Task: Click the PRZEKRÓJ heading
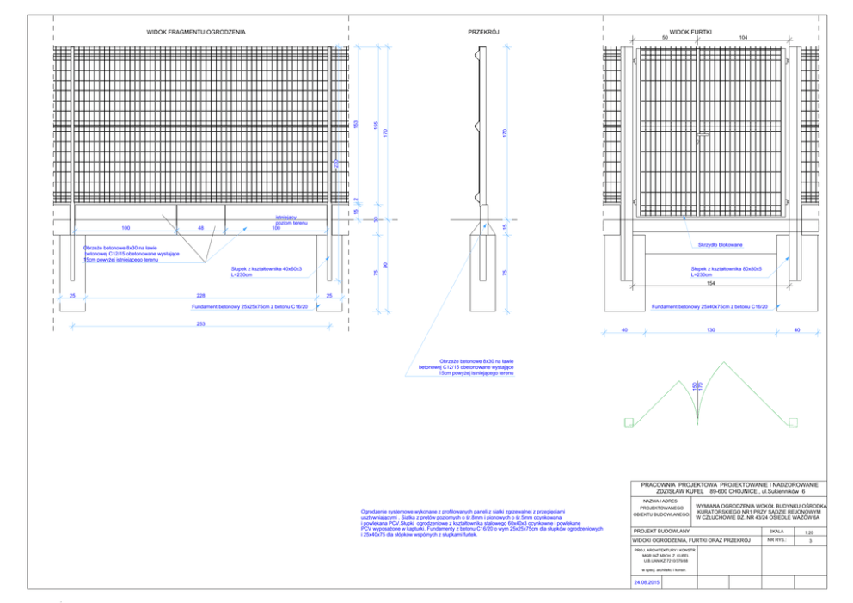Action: (x=484, y=31)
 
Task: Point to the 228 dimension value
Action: (x=199, y=295)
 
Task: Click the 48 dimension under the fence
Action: (x=200, y=228)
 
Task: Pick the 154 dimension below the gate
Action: (x=710, y=282)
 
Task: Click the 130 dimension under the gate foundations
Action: (x=710, y=329)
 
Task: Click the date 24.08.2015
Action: (x=646, y=582)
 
